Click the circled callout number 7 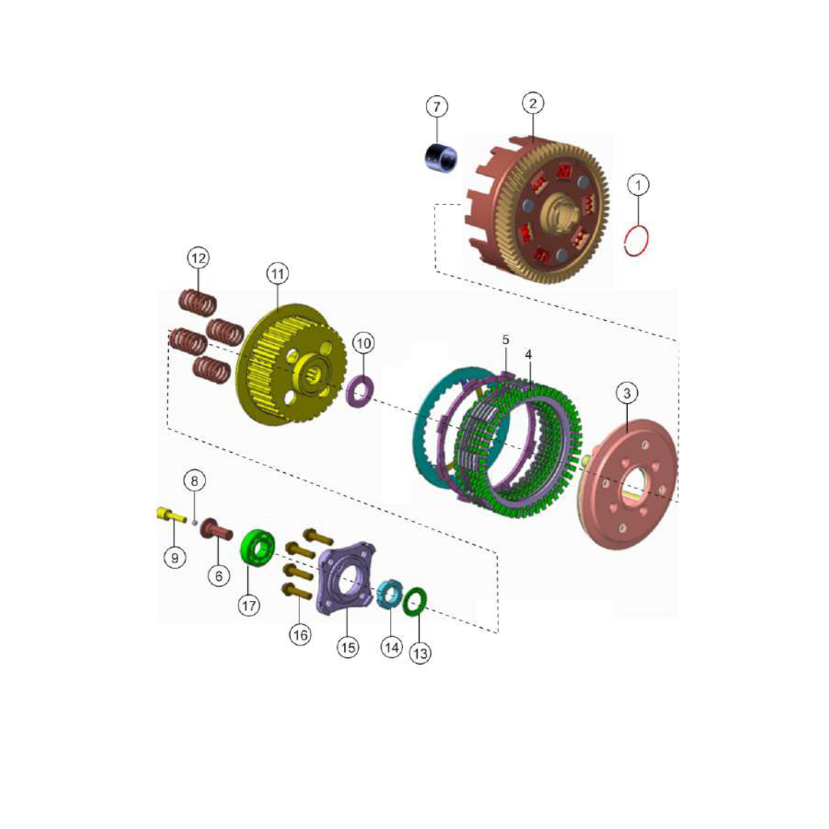(x=437, y=107)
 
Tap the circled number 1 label (x=638, y=185)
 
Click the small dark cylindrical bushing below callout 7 (x=441, y=157)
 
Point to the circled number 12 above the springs (x=198, y=258)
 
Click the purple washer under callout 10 (x=360, y=391)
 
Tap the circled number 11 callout (x=278, y=274)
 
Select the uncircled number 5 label (x=505, y=340)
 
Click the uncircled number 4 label (x=528, y=354)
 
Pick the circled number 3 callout (x=627, y=393)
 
